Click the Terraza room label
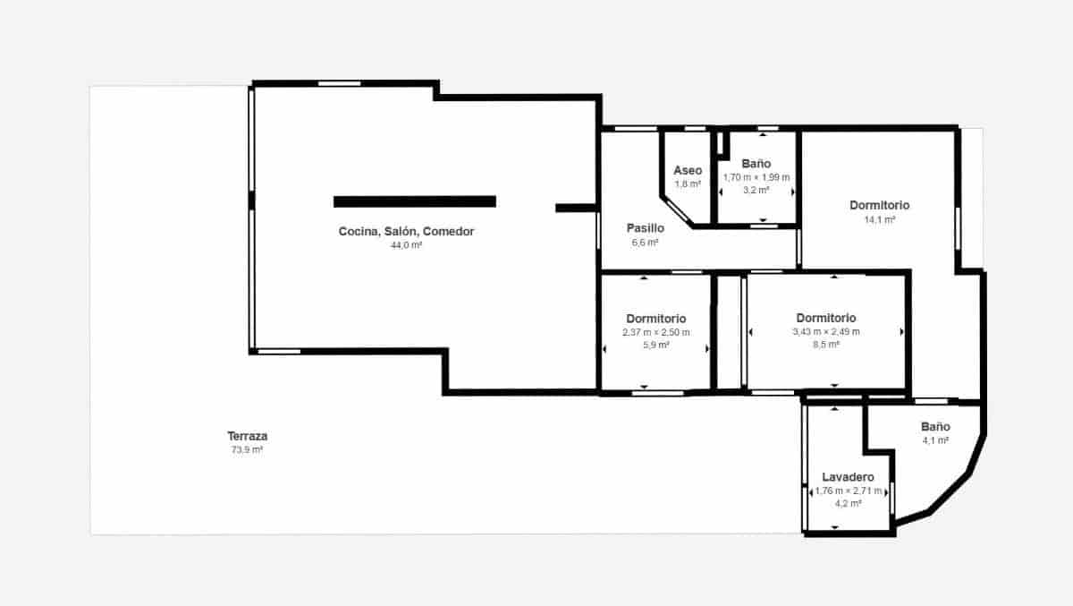tap(247, 436)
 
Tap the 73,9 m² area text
tap(247, 450)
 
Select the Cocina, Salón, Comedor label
tap(406, 232)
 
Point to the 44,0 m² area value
tap(406, 245)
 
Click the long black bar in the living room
tap(415, 201)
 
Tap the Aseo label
tap(688, 170)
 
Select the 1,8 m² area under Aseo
tap(688, 184)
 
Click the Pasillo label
tap(645, 228)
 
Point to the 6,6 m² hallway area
tap(645, 243)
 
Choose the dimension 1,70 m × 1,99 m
tap(756, 177)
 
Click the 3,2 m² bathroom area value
tap(756, 191)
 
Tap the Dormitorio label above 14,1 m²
tap(879, 206)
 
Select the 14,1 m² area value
tap(879, 220)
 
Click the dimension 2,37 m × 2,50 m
tap(656, 332)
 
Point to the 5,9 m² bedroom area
tap(656, 346)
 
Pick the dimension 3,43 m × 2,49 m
tap(826, 331)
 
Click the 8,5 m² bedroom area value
tap(826, 345)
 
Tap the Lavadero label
tap(849, 478)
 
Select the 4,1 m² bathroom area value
tap(935, 441)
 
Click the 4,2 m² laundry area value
tap(849, 504)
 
